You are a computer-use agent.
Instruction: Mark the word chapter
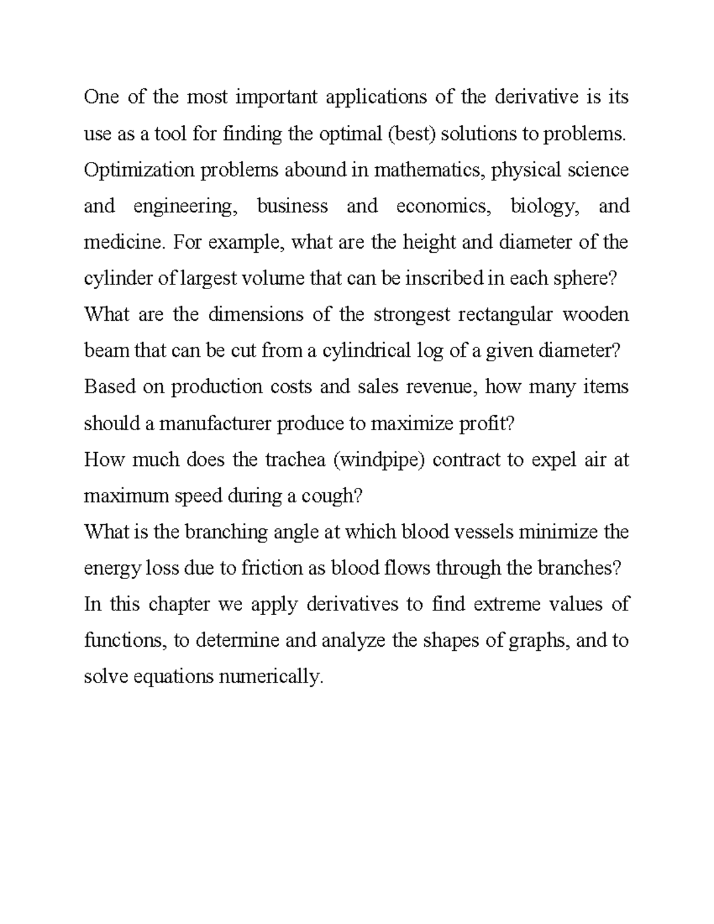coord(179,604)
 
